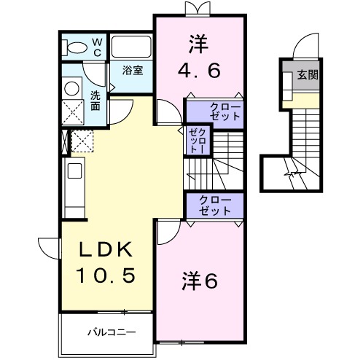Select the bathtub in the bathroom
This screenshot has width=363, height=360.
[132, 47]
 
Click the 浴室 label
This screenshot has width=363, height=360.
[132, 71]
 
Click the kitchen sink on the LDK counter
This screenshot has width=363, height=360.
[74, 172]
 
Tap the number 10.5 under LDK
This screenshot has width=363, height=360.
[107, 277]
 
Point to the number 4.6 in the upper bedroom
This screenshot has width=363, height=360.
[198, 71]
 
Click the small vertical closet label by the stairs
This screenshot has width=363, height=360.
[195, 141]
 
